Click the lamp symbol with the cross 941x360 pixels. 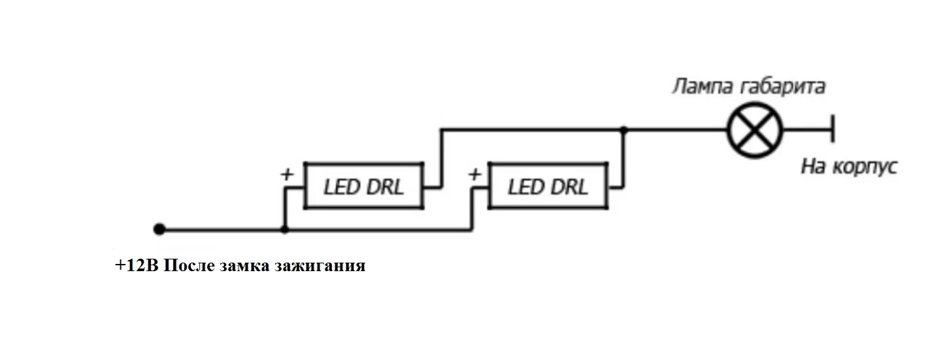(x=755, y=129)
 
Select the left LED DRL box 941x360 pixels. (x=364, y=186)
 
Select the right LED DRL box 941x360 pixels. (x=548, y=186)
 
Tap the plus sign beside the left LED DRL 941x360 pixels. (x=286, y=174)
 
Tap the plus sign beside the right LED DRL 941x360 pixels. (x=474, y=174)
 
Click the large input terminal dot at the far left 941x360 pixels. (x=159, y=229)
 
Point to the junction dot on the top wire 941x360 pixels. (x=624, y=130)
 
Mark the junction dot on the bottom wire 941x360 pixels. (x=284, y=230)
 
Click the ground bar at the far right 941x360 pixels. (x=832, y=129)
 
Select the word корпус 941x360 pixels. (x=864, y=167)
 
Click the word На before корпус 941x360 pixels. (x=814, y=167)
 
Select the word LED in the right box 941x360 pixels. (x=525, y=188)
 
